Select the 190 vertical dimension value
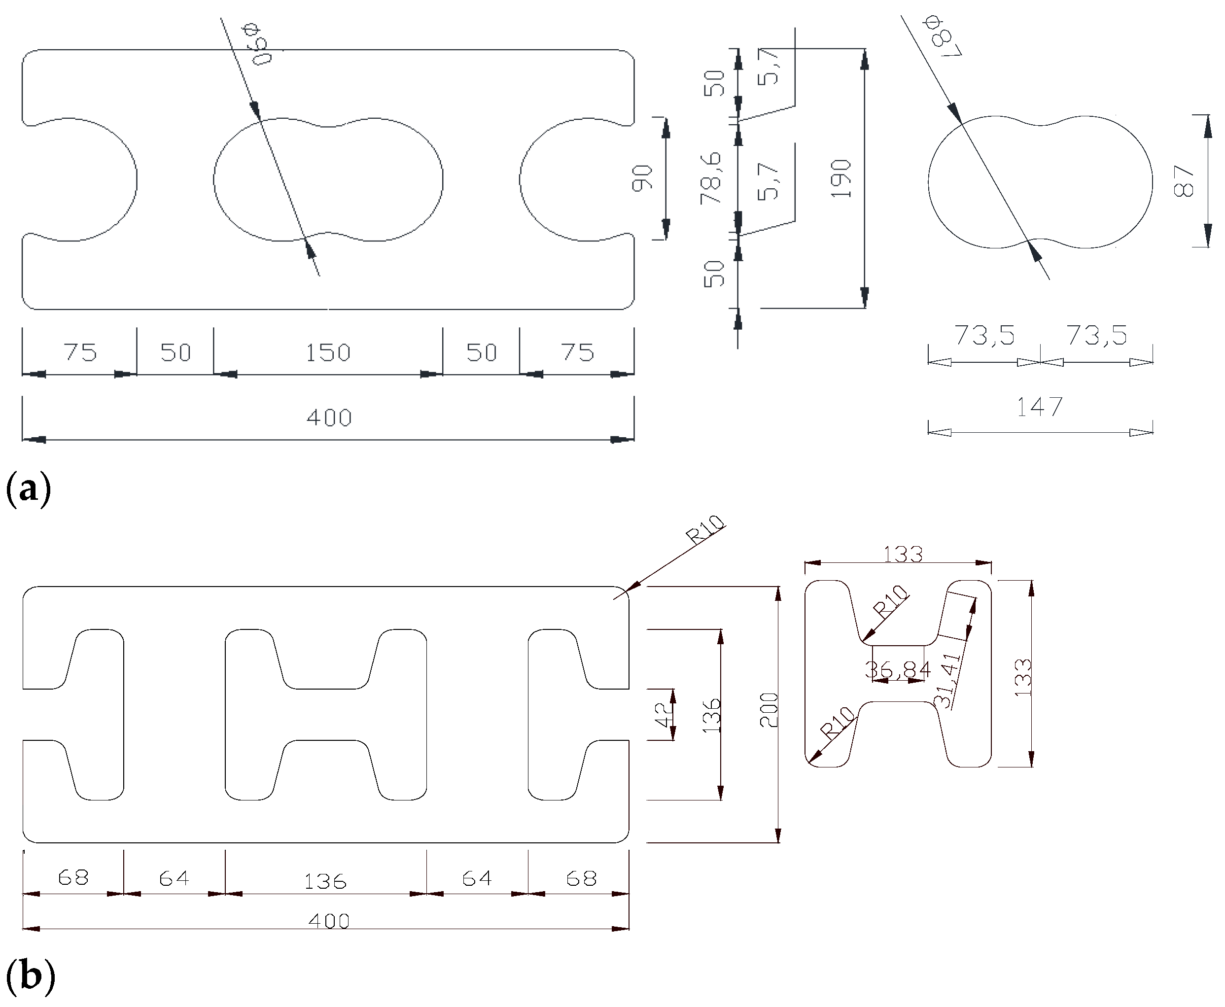841,178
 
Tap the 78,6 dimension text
711,177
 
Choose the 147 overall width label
1039,407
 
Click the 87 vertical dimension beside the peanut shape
1184,180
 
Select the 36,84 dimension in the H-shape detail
897,670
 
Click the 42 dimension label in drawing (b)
663,715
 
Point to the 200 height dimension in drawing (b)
769,710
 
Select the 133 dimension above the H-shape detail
903,555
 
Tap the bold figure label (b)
30,975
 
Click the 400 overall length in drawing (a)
329,417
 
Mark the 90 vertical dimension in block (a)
643,177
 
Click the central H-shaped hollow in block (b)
325,715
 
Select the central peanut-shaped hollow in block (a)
328,180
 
